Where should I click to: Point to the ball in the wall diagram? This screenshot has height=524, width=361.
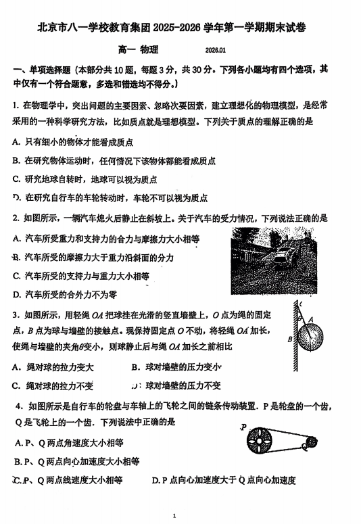tap(311, 334)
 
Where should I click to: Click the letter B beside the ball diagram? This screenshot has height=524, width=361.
tap(289, 339)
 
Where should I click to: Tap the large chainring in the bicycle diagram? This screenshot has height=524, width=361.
tap(261, 444)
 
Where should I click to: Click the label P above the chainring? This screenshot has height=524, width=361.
tap(243, 427)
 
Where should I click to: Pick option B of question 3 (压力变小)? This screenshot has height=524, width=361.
tap(176, 367)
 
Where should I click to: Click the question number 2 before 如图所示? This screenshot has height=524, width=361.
tap(16, 219)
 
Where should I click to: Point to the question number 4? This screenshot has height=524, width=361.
tap(17, 406)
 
